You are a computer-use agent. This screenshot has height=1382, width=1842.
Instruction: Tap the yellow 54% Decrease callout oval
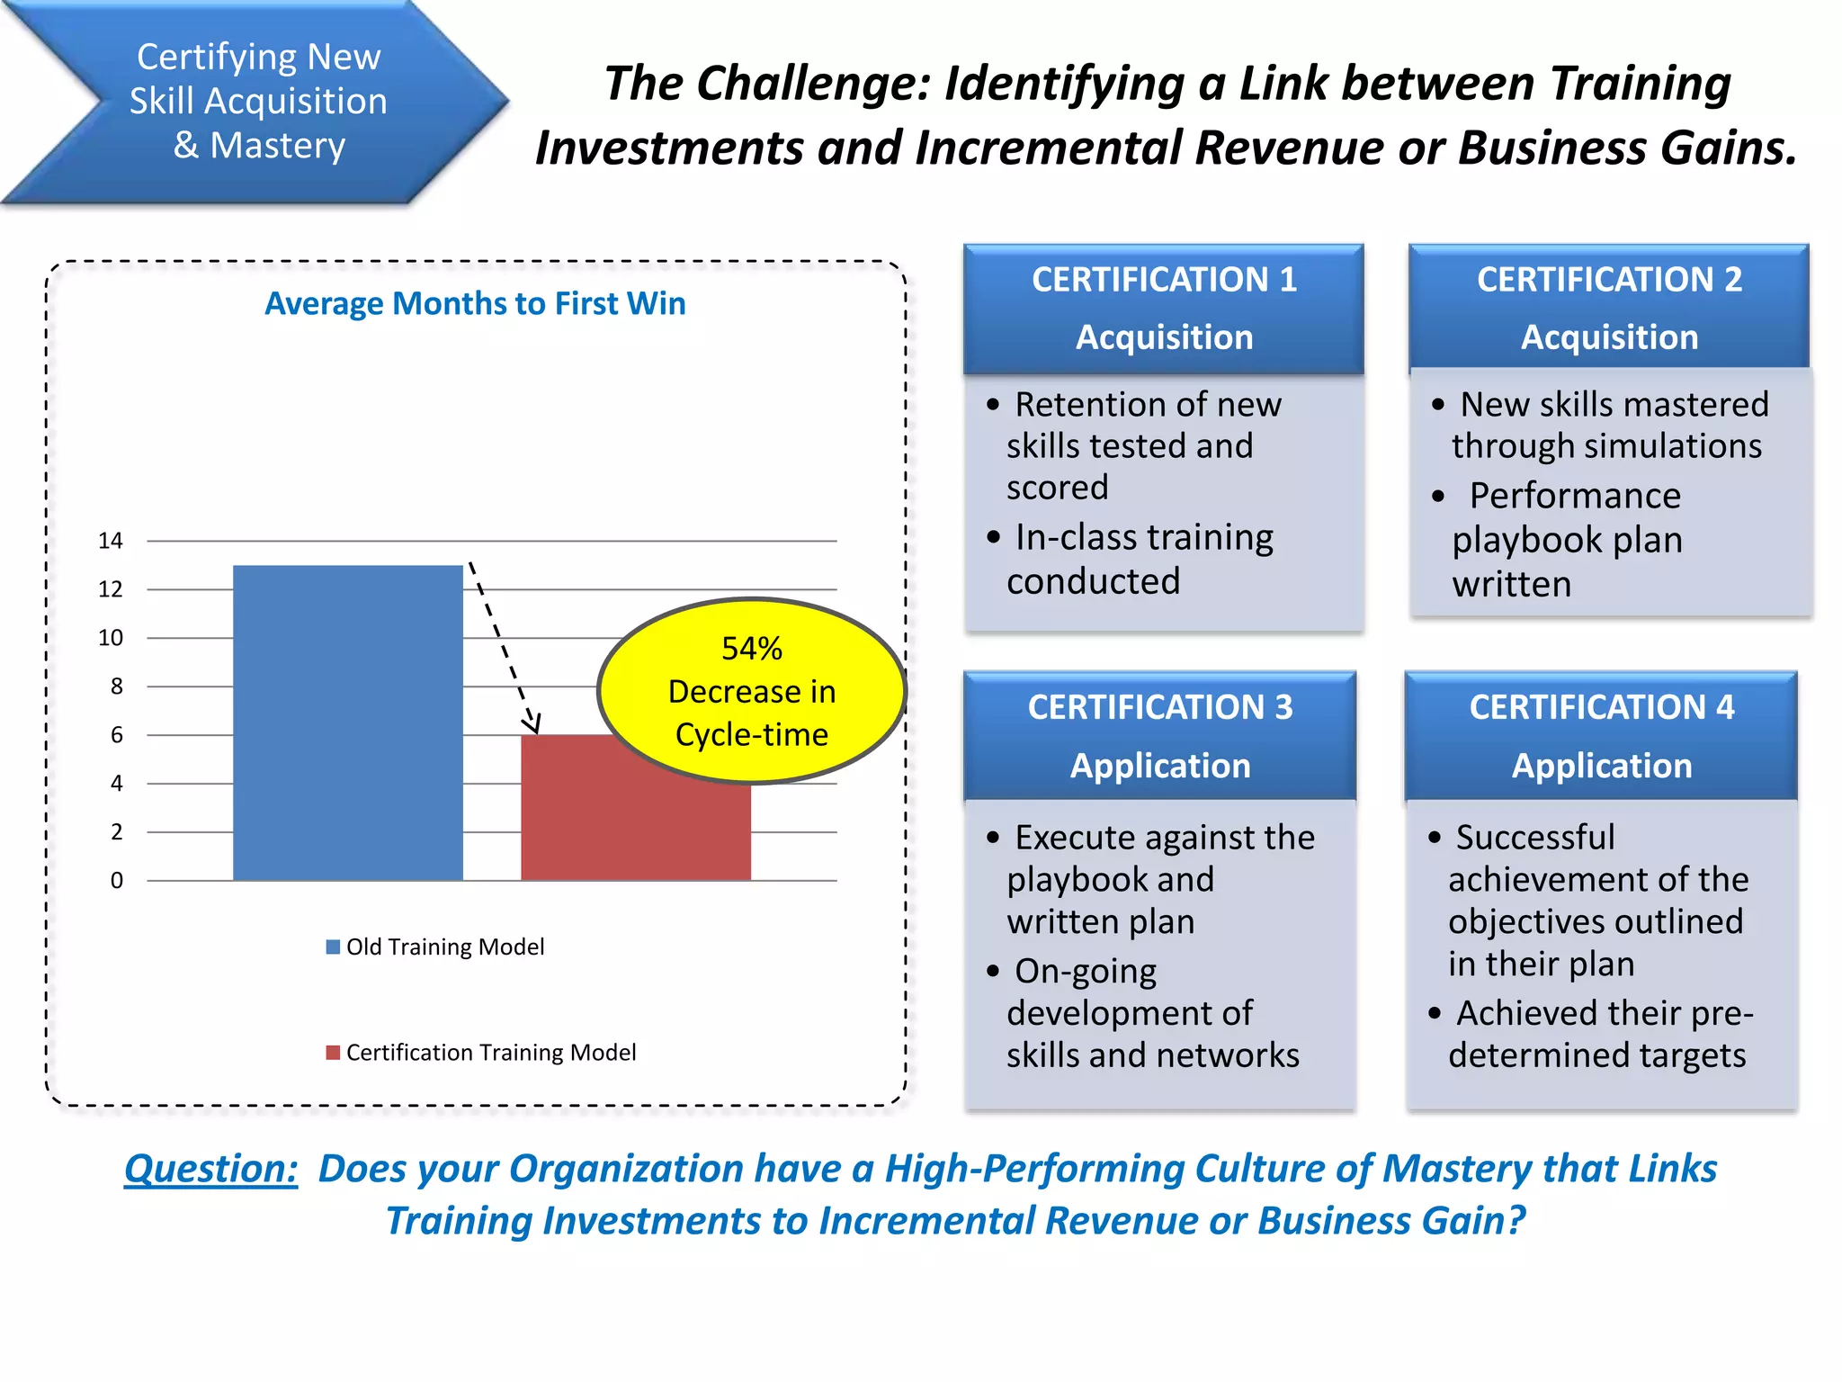pyautogui.click(x=752, y=690)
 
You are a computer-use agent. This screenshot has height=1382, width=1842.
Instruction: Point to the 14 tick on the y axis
pyautogui.click(x=111, y=541)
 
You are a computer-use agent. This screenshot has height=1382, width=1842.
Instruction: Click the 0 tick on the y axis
pyautogui.click(x=117, y=881)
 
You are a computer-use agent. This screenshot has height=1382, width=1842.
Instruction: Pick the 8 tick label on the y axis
pyautogui.click(x=117, y=687)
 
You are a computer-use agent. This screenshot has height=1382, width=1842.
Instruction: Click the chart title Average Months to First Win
pyautogui.click(x=475, y=304)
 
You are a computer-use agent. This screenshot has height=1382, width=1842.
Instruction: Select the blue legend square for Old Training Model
pyautogui.click(x=333, y=947)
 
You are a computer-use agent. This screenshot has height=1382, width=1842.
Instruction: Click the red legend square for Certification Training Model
pyautogui.click(x=333, y=1053)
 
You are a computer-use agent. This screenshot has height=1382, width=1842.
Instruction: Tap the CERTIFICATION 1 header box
pyautogui.click(x=1164, y=308)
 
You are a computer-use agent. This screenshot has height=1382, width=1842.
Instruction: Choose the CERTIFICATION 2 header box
pyautogui.click(x=1609, y=308)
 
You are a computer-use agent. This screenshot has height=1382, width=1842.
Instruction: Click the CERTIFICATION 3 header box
pyautogui.click(x=1160, y=735)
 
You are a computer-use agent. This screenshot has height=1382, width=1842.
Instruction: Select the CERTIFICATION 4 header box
pyautogui.click(x=1601, y=735)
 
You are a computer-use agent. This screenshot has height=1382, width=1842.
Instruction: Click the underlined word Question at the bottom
pyautogui.click(x=211, y=1169)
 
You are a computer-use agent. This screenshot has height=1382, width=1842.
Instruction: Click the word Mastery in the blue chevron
pyautogui.click(x=277, y=146)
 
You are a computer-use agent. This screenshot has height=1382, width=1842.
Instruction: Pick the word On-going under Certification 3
pyautogui.click(x=1086, y=972)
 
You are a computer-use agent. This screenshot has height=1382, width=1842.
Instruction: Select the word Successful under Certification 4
pyautogui.click(x=1535, y=838)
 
